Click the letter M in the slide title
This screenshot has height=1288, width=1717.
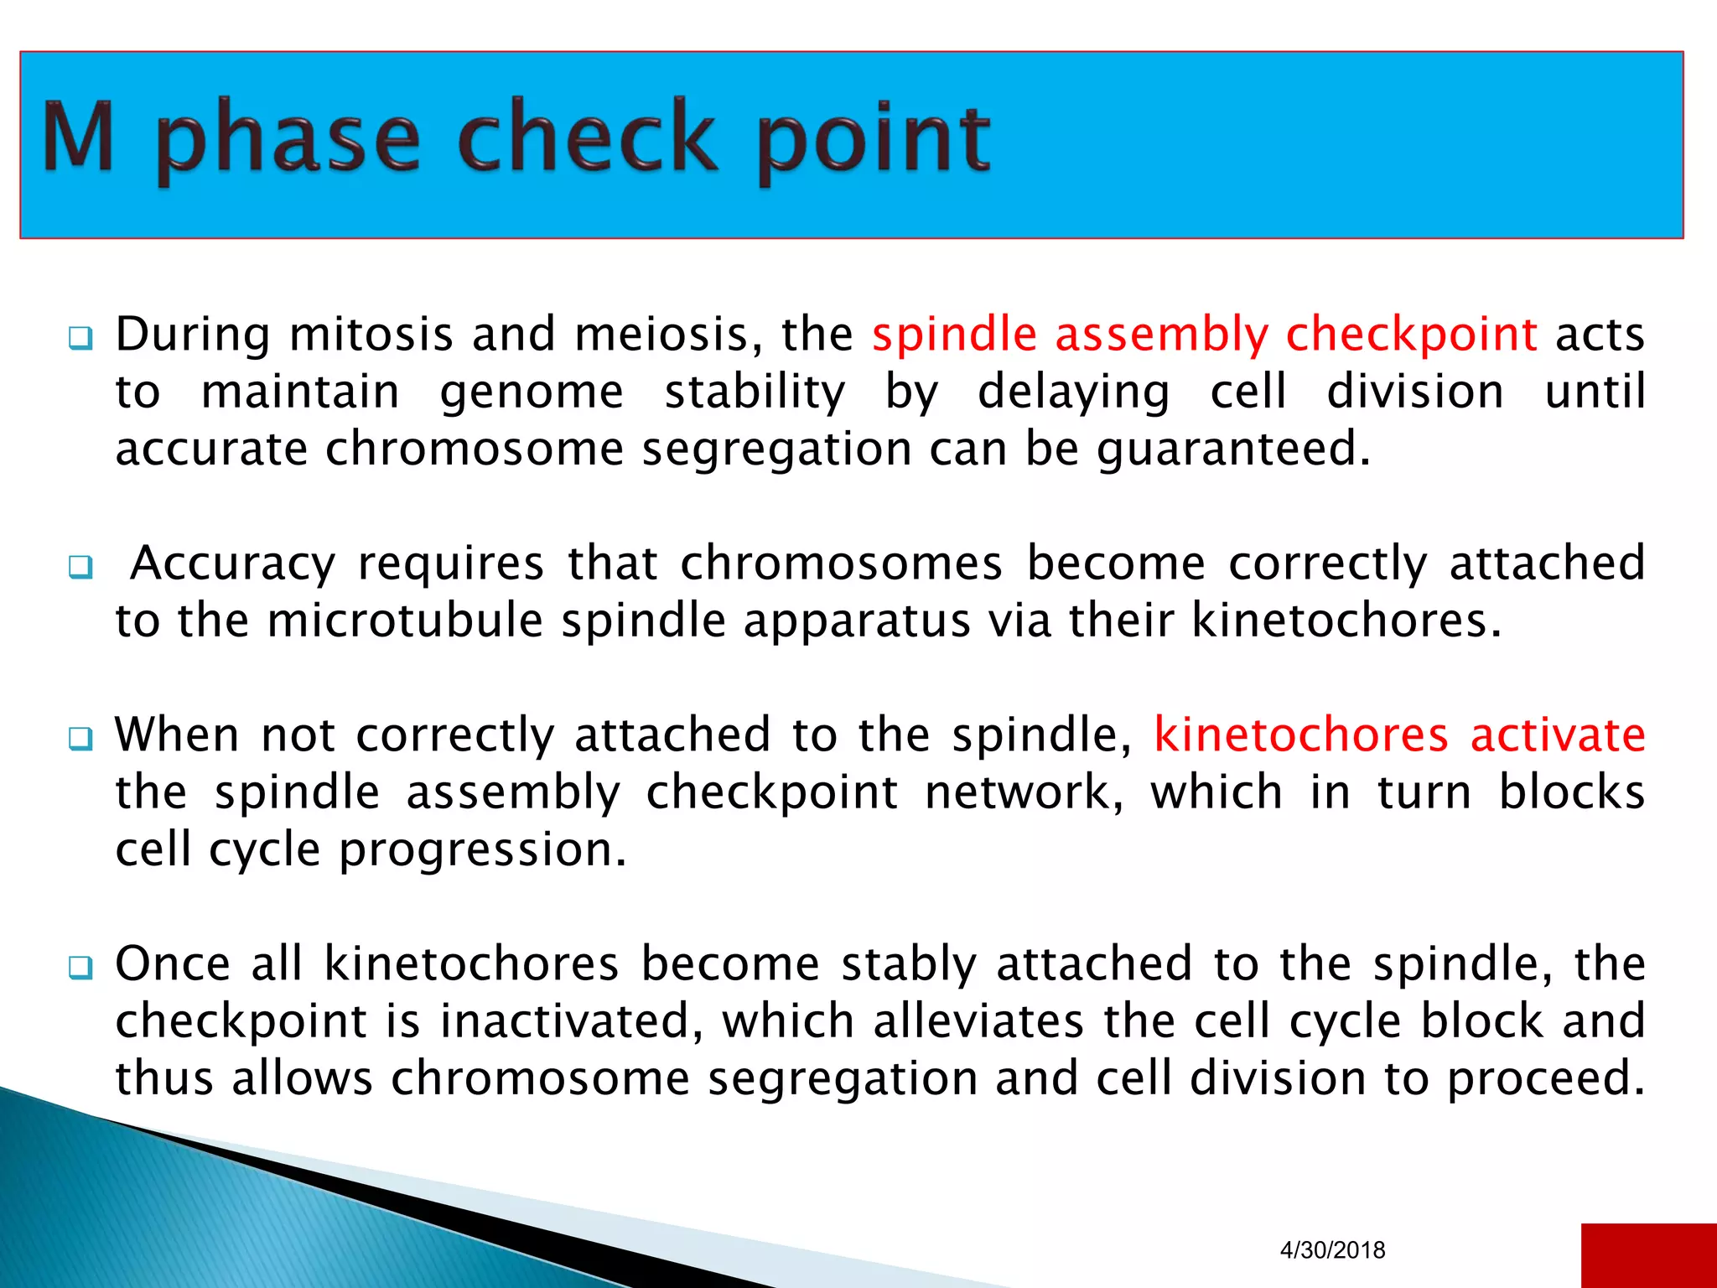tap(78, 136)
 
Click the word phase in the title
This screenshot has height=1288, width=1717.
tap(288, 138)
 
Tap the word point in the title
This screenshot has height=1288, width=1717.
tap(874, 138)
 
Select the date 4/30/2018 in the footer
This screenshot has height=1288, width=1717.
tap(1332, 1250)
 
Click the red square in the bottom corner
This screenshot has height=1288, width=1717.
tap(1648, 1255)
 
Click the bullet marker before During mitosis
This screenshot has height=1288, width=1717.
tap(80, 339)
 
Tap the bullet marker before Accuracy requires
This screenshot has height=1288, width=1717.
tap(80, 568)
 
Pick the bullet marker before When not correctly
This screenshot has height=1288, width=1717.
tap(80, 739)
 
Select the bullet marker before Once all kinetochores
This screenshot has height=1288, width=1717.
tap(80, 968)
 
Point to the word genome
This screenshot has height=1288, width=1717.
tap(532, 392)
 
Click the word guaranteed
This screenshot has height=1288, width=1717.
tap(1232, 449)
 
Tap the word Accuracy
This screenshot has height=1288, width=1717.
tap(233, 563)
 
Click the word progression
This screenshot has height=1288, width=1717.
tap(482, 850)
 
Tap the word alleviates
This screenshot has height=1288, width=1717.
tap(978, 1021)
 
